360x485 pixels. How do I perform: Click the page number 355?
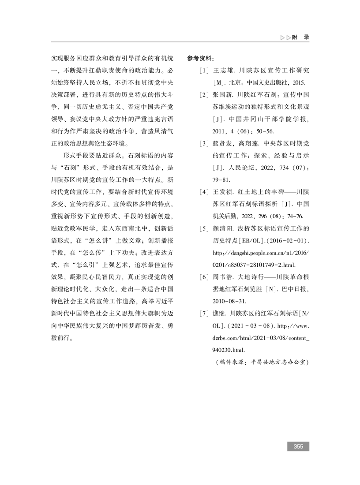pyautogui.click(x=298, y=446)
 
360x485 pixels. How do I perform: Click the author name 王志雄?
pyautogui.click(x=223, y=71)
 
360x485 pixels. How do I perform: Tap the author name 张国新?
pyautogui.click(x=223, y=95)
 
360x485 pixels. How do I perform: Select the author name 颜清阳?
pyautogui.click(x=223, y=228)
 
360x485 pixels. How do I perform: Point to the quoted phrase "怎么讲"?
pyautogui.click(x=93, y=241)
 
